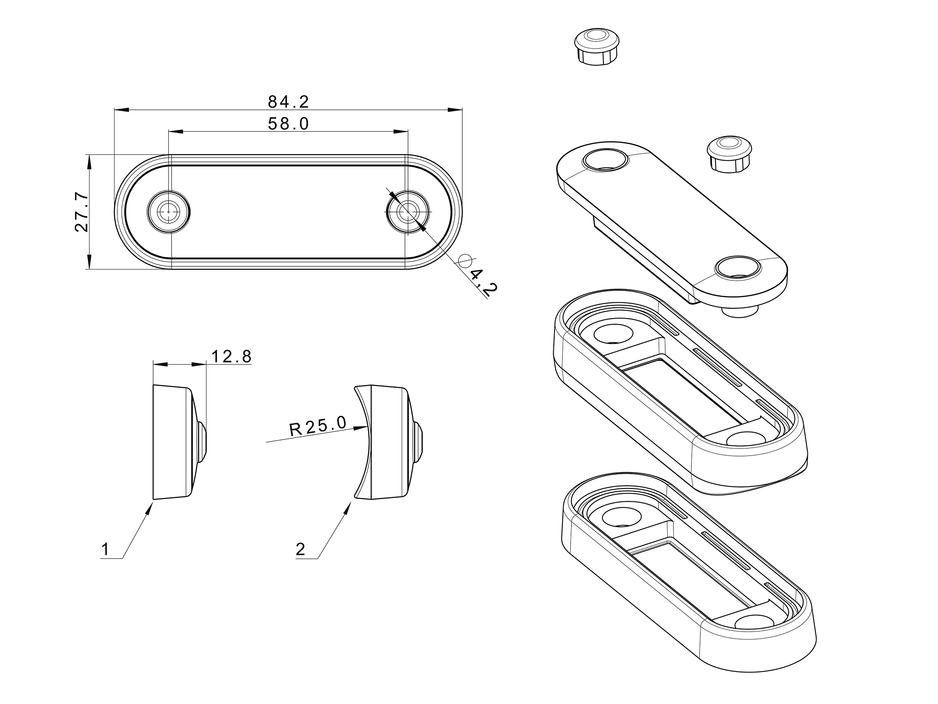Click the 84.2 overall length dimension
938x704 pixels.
pos(288,102)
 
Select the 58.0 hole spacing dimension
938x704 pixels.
pos(288,124)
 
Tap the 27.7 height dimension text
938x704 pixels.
pos(81,212)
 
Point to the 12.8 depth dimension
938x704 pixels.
pos(231,356)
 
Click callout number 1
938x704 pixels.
pos(105,550)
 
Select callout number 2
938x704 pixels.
pos(300,550)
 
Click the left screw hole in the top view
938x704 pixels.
pos(168,211)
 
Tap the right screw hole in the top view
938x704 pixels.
pos(408,211)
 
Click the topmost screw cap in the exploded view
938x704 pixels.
pos(597,47)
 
